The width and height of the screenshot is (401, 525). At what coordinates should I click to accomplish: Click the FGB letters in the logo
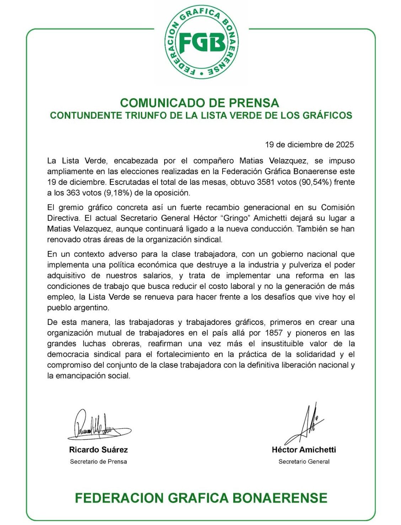click(x=201, y=43)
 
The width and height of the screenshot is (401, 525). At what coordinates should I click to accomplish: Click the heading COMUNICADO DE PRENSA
click(x=199, y=103)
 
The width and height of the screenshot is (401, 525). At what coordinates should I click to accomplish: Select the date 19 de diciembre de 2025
click(x=309, y=145)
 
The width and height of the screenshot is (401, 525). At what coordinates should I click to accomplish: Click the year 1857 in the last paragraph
click(x=274, y=333)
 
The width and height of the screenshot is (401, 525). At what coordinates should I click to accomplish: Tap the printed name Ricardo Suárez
click(x=98, y=450)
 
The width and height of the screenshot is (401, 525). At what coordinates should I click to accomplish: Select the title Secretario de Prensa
click(x=98, y=461)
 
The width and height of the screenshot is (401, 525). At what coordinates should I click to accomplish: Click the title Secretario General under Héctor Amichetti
click(x=304, y=461)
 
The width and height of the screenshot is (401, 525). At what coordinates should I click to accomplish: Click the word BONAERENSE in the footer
click(x=280, y=498)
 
